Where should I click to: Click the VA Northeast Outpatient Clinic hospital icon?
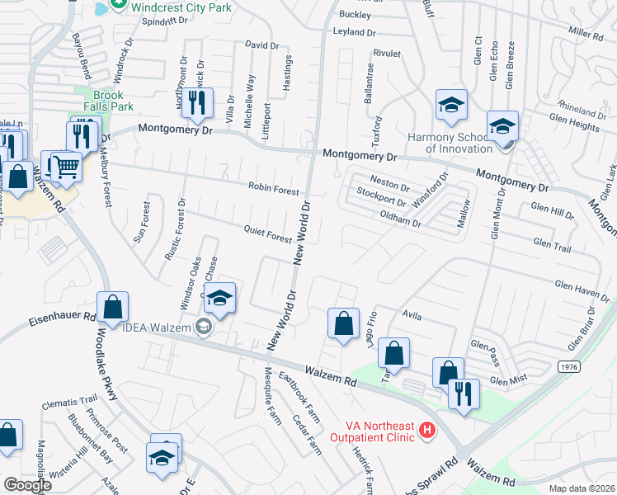[426, 430]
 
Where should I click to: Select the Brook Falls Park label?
[109, 101]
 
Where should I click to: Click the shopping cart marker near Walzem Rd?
[66, 166]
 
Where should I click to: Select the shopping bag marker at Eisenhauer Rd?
[113, 306]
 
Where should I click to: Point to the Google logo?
[27, 485]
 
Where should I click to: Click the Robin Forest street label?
[274, 190]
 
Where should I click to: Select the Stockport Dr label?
[381, 197]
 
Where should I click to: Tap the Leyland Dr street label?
[354, 32]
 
